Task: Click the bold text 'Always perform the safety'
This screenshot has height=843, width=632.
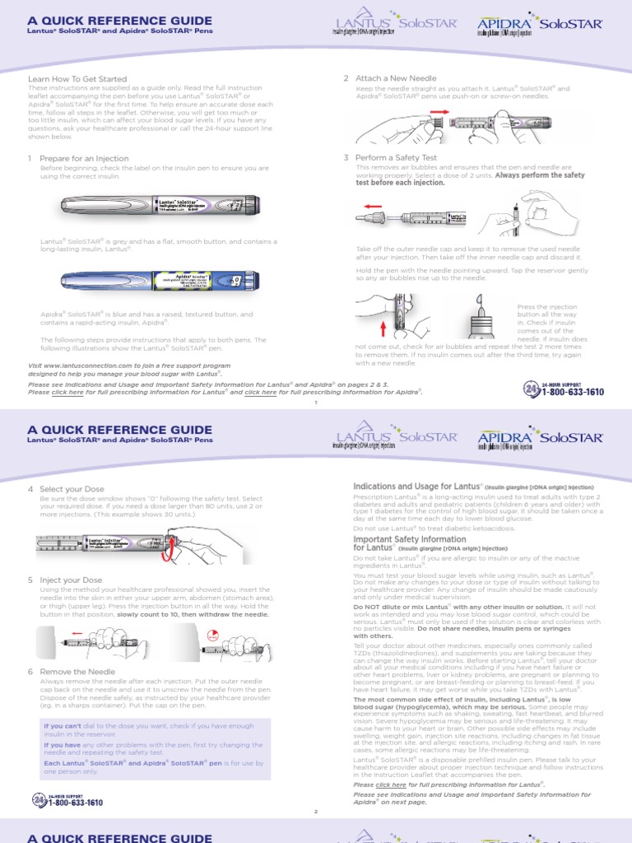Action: point(540,175)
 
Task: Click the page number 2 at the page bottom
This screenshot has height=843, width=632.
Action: point(315,812)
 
